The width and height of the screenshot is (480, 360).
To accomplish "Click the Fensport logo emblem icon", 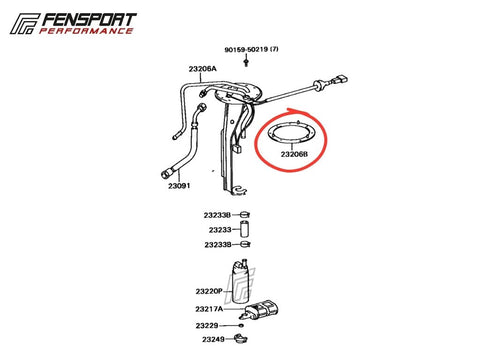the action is pyautogui.click(x=25, y=24).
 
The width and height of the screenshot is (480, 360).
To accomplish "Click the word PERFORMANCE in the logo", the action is pyautogui.click(x=86, y=31).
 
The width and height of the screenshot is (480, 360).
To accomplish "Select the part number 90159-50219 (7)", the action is pyautogui.click(x=251, y=49).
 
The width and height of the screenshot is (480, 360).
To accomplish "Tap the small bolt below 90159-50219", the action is pyautogui.click(x=246, y=63).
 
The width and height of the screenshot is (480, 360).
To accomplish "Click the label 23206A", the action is pyautogui.click(x=203, y=69).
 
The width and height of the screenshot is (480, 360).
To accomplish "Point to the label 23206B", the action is pyautogui.click(x=294, y=154).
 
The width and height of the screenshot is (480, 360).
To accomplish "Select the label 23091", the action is pyautogui.click(x=179, y=186).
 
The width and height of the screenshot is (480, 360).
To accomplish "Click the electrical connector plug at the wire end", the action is pyautogui.click(x=339, y=81).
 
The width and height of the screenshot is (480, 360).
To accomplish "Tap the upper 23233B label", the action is pyautogui.click(x=217, y=215).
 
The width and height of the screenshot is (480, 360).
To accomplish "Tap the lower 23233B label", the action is pyautogui.click(x=218, y=245).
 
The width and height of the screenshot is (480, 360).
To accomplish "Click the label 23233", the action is pyautogui.click(x=220, y=230).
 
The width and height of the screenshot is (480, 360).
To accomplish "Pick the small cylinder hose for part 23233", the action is pyautogui.click(x=245, y=229).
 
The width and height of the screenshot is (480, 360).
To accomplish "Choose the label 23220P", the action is pyautogui.click(x=209, y=291).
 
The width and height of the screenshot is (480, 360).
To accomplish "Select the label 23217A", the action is pyautogui.click(x=209, y=309).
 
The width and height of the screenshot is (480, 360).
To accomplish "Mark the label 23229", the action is pyautogui.click(x=207, y=325).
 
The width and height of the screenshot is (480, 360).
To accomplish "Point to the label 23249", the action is pyautogui.click(x=213, y=339).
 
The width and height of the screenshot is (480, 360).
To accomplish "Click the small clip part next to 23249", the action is pyautogui.click(x=241, y=339).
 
